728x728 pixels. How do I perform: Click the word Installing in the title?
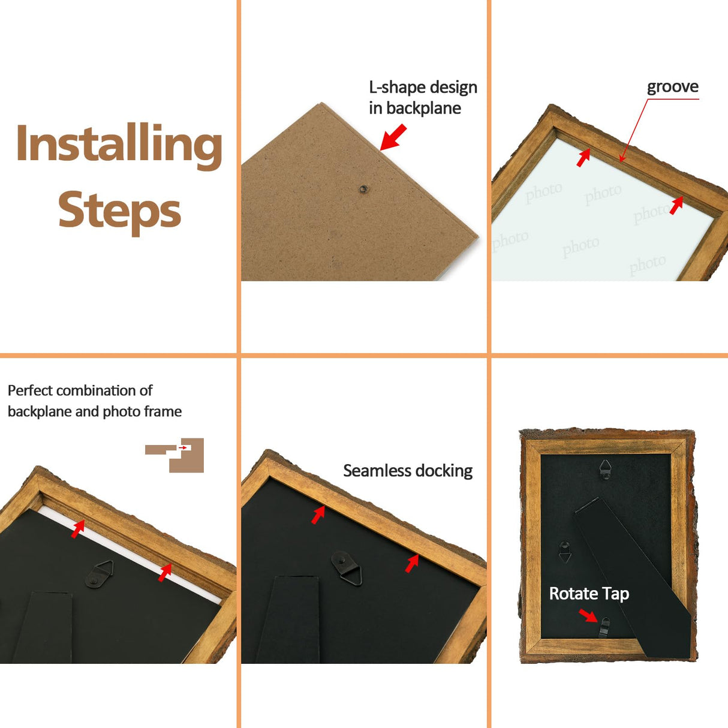119,146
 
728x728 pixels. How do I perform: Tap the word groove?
673,88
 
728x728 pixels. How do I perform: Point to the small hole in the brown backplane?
363,189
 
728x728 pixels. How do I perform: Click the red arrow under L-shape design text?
393,137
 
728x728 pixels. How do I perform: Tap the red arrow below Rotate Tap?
588,615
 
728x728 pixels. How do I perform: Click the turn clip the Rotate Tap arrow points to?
604,627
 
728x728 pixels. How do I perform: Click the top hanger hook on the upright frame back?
605,470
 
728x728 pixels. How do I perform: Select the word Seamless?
372,471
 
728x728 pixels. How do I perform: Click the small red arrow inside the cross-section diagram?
183,448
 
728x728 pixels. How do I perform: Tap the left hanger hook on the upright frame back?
564,552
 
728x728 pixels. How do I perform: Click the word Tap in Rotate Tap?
615,594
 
